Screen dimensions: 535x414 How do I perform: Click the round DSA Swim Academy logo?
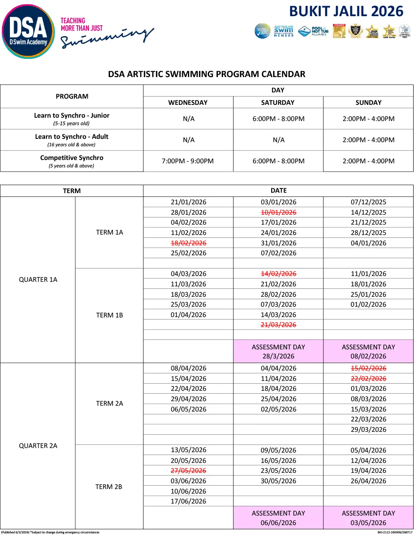coord(28,31)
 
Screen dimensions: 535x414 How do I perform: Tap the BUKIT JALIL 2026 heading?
coord(346,11)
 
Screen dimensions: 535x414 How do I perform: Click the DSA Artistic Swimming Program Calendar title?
coord(207,74)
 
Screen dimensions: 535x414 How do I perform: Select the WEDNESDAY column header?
coord(188,102)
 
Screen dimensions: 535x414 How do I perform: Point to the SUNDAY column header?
coord(368,102)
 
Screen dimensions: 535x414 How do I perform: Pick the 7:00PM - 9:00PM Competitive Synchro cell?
coord(188,161)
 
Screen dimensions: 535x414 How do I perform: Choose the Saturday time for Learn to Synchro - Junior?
coord(278,119)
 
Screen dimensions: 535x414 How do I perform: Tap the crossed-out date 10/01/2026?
coord(278,212)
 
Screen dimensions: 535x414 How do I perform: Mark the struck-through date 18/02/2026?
coord(188,243)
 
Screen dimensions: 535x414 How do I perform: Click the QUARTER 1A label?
coord(38,280)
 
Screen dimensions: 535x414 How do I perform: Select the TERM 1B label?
coord(109,315)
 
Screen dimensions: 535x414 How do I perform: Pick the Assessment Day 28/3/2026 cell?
coord(278,351)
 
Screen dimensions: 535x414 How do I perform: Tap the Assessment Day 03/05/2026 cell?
coord(368,518)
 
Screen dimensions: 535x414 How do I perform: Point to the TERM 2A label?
coord(109,403)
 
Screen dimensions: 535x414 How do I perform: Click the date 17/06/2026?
coord(188,501)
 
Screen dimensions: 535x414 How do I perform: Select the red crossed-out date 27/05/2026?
coord(188,470)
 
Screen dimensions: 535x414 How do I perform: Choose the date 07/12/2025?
coord(368,202)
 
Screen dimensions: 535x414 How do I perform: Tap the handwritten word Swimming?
coord(107,39)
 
